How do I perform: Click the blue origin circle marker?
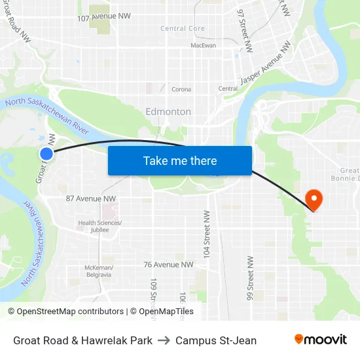click(x=46, y=154)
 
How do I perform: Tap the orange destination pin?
click(x=314, y=199)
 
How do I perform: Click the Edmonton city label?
click(x=168, y=111)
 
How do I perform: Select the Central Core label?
click(x=183, y=29)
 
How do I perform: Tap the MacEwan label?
click(x=203, y=46)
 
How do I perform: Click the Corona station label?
click(x=181, y=89)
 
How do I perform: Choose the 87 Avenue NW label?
click(x=91, y=198)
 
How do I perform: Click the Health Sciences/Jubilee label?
click(x=100, y=226)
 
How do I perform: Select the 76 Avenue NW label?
click(x=168, y=264)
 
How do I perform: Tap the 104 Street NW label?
click(x=206, y=233)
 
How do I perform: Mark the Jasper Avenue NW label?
click(x=266, y=63)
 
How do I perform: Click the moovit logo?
click(x=321, y=340)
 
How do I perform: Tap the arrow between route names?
click(x=164, y=340)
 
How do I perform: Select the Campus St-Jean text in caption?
click(x=216, y=340)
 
